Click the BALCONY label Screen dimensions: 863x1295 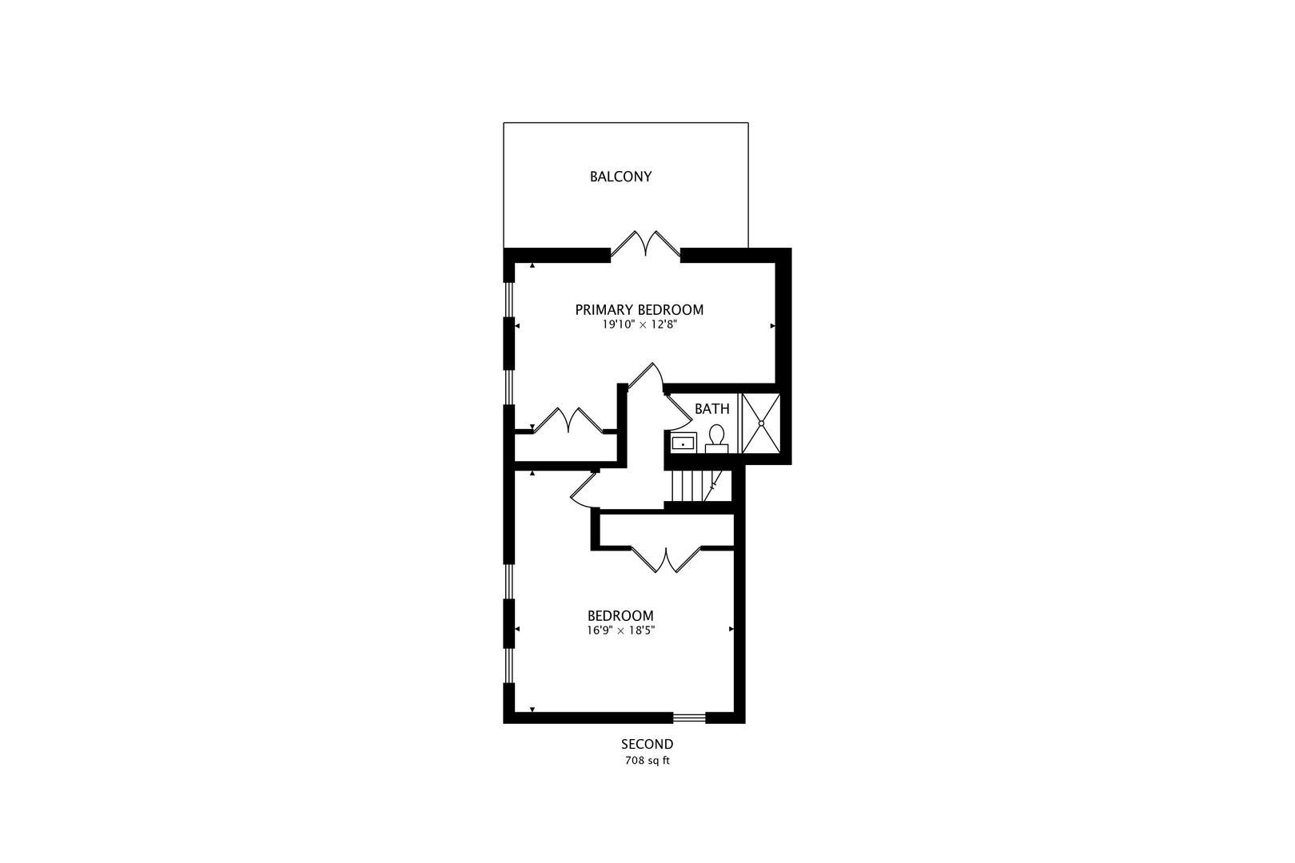pos(620,177)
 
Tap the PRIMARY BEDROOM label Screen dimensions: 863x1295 pos(640,309)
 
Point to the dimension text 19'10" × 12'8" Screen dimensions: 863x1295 pos(640,325)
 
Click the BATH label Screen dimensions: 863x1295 pos(711,409)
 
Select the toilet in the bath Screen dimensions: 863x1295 pos(716,438)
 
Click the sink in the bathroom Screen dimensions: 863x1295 pos(683,442)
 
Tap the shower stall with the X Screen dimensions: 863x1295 pos(760,423)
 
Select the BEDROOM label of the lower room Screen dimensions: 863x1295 pos(620,616)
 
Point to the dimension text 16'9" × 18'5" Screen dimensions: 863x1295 pos(620,630)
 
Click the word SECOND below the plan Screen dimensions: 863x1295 pos(647,745)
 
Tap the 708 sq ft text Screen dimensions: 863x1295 pos(647,761)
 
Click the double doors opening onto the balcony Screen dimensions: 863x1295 pos(646,244)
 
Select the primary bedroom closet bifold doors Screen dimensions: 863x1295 pos(567,420)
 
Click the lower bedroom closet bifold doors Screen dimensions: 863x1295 pos(665,559)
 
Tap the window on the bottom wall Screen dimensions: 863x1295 pos(688,718)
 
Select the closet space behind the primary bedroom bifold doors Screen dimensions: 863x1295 pos(565,448)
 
